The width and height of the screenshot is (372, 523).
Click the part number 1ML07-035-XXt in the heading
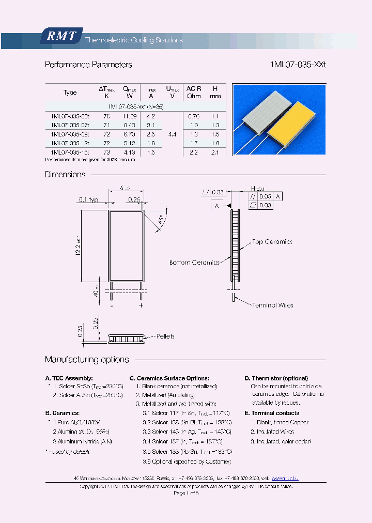pyautogui.click(x=298, y=65)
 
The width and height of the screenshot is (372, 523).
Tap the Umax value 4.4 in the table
pyautogui.click(x=173, y=134)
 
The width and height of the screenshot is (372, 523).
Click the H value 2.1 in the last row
pyautogui.click(x=215, y=152)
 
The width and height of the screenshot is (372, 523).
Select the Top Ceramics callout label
pyautogui.click(x=272, y=242)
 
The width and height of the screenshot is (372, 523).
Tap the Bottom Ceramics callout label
pyautogui.click(x=195, y=263)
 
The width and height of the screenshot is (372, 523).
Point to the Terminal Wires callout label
pyautogui.click(x=272, y=305)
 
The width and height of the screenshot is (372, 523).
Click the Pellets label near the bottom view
pyautogui.click(x=165, y=336)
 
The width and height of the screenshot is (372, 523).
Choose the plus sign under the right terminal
pyautogui.click(x=141, y=305)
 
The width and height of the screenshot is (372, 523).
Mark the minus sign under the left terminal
pyautogui.click(x=111, y=305)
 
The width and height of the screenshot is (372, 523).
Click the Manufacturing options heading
pyautogui.click(x=87, y=360)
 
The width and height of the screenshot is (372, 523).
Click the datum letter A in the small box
pyautogui.click(x=216, y=206)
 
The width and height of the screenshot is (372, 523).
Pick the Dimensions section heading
pyautogui.click(x=65, y=175)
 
